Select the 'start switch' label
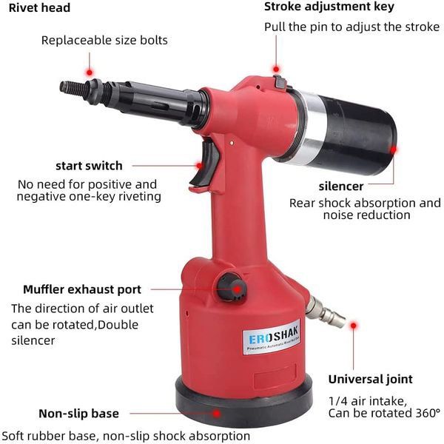(89, 166)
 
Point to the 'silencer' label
(341, 186)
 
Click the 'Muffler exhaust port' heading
(82, 289)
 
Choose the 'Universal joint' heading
(371, 380)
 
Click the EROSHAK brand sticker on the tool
(272, 337)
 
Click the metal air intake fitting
(326, 311)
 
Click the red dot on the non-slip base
(215, 414)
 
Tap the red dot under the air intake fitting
(354, 324)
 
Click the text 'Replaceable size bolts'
(104, 40)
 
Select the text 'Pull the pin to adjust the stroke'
(351, 27)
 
